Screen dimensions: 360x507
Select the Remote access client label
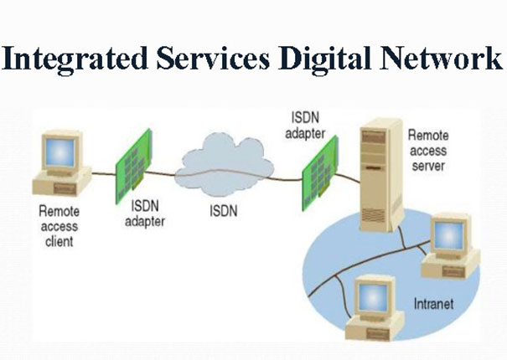[58, 226]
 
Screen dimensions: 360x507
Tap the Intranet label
[432, 303]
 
